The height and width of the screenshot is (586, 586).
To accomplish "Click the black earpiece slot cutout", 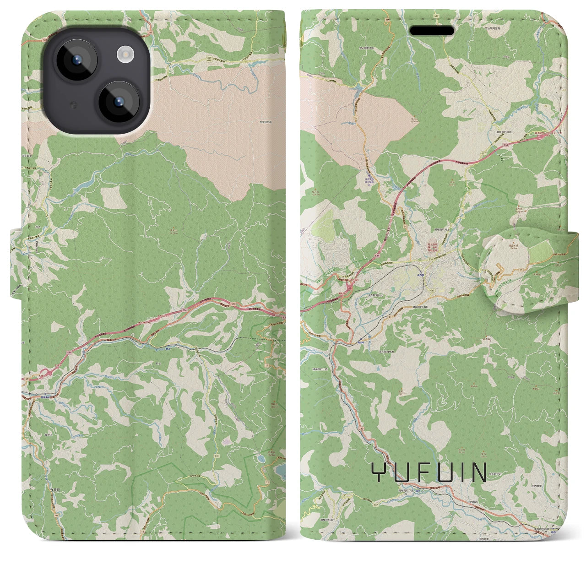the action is [432, 31].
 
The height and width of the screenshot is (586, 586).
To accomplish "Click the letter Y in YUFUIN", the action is [379, 472].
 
